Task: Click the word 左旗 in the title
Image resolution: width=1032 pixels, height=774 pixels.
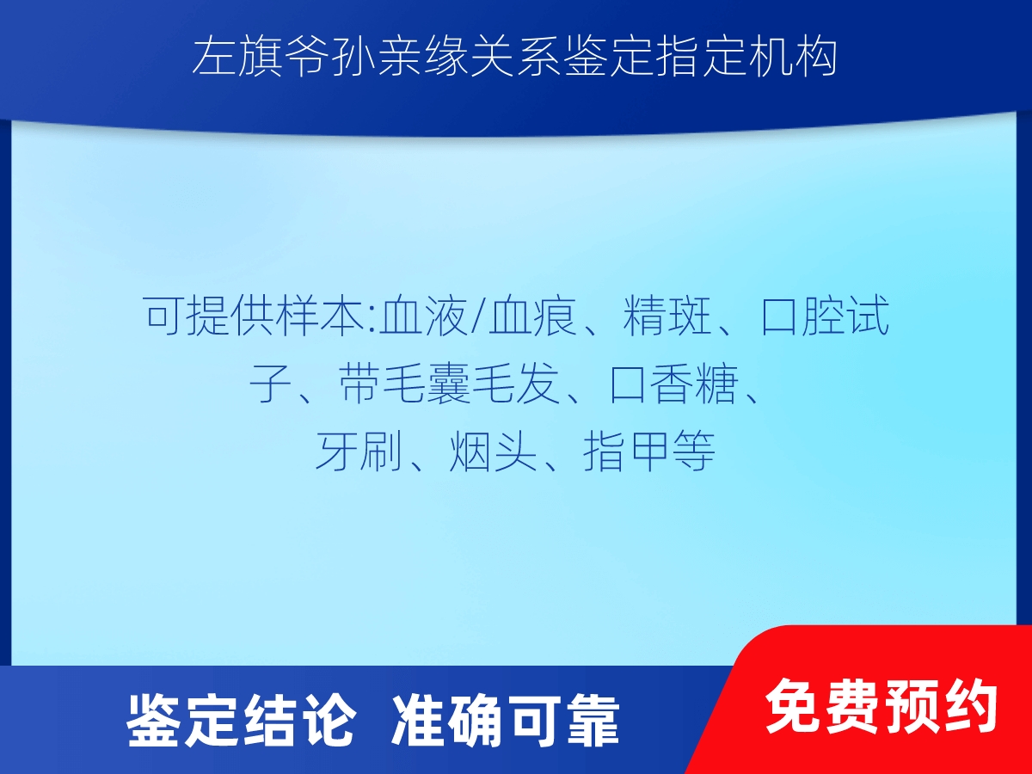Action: [x=238, y=58]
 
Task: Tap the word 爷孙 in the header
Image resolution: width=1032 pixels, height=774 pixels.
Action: [x=330, y=58]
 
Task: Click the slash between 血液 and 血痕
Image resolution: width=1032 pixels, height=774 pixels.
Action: [x=479, y=316]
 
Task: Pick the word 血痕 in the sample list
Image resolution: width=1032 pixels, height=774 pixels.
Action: [x=533, y=316]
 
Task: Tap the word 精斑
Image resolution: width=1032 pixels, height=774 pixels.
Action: [x=667, y=316]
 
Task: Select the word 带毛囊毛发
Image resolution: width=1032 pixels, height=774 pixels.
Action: [x=449, y=384]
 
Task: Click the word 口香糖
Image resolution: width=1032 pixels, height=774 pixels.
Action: [x=673, y=384]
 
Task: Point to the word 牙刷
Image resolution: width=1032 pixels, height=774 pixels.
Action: [x=359, y=451]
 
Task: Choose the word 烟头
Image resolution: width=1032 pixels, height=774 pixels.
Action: [x=493, y=451]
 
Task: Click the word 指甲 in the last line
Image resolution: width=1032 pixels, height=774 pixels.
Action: [x=627, y=451]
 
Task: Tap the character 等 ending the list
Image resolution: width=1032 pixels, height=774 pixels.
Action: [x=694, y=451]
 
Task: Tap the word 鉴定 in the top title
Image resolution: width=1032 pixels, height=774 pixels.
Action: [x=608, y=58]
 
